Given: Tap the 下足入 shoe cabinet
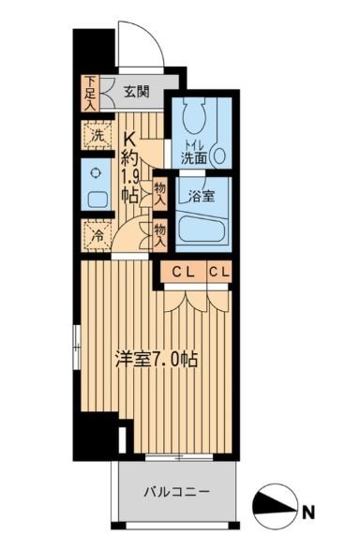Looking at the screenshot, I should [x=90, y=92].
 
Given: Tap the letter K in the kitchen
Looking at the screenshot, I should [x=131, y=139].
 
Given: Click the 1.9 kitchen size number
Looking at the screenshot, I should [x=131, y=176].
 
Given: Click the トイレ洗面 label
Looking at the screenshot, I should [x=196, y=153].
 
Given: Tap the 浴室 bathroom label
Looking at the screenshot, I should [x=201, y=197].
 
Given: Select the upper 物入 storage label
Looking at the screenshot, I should [x=160, y=194].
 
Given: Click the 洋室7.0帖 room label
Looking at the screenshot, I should [x=155, y=361].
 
